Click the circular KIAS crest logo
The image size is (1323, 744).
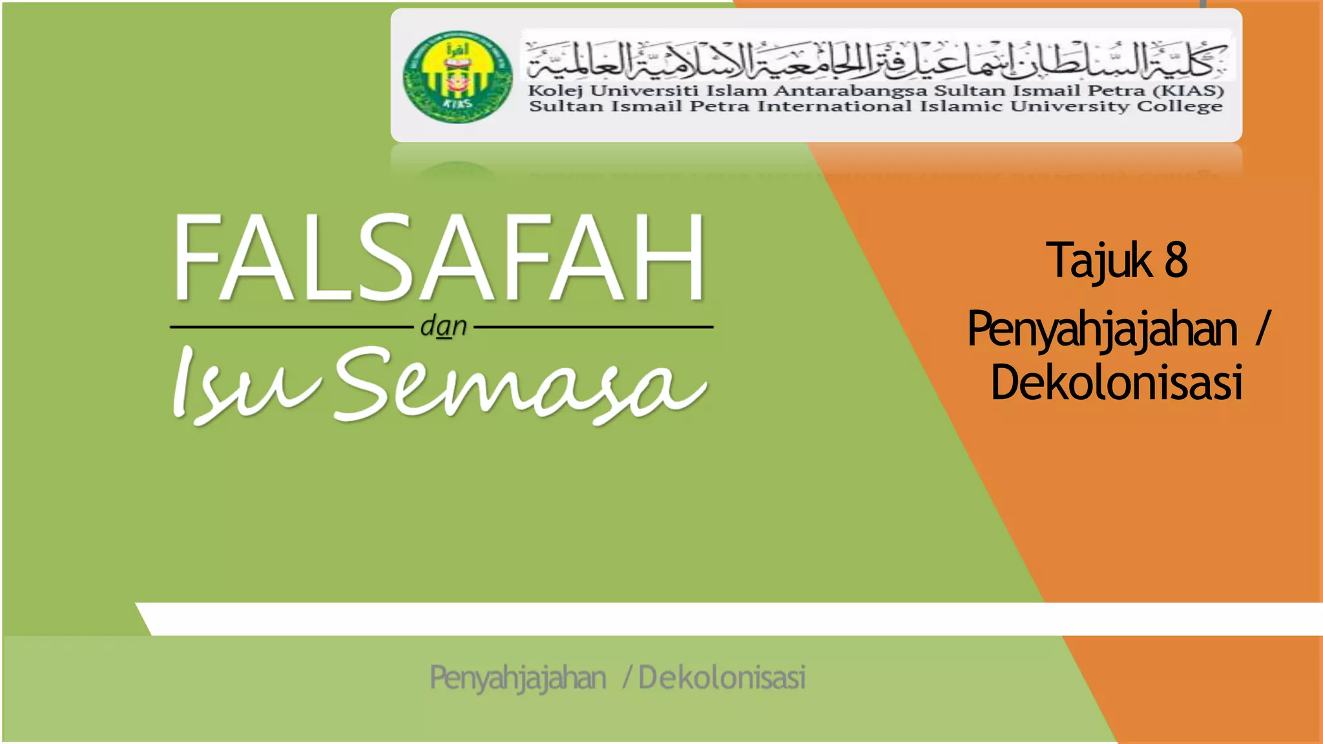pos(457,77)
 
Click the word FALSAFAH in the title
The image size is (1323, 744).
pos(439,258)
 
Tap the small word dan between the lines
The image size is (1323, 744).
pos(443,326)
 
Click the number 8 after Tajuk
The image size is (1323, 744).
pos(1176,260)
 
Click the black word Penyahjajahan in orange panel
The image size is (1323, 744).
pos(1102,329)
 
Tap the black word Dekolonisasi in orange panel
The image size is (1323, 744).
pos(1116,382)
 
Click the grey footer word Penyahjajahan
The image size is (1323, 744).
pos(518,678)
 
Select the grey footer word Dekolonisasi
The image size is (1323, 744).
pos(722,678)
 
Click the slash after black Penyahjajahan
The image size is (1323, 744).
pos(1263,329)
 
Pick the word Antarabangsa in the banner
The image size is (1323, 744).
pos(849,91)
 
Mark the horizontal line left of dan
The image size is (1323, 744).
pos(291,327)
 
